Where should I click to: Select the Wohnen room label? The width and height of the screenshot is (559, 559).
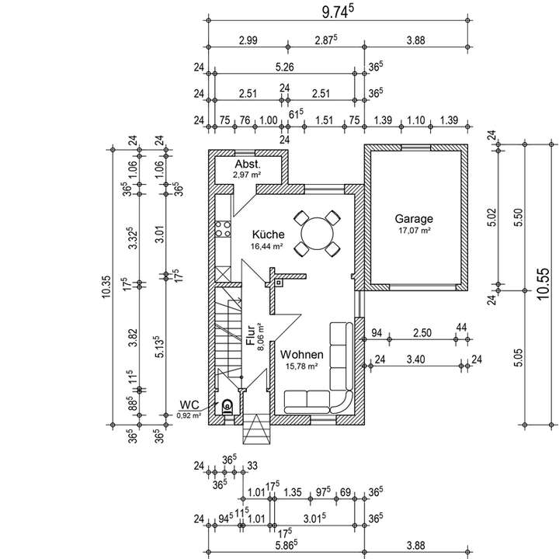coord(301,354)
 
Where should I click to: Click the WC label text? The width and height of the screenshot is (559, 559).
coord(189,404)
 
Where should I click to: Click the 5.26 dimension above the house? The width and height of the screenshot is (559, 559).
coord(285,68)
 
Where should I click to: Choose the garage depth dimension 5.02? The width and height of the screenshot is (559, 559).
coord(491,217)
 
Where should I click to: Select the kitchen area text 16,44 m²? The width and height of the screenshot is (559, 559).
coord(266,246)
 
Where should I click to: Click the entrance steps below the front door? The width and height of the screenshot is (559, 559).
coord(255,429)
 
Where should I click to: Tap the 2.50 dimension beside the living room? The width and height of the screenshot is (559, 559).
coord(422,333)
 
